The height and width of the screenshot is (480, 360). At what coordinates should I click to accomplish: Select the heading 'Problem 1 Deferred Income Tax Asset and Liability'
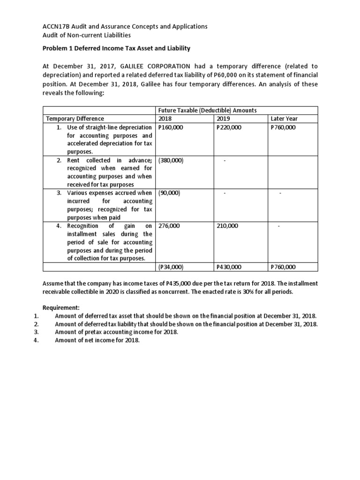tap(116, 48)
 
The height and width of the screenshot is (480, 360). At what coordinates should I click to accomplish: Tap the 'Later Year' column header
tap(284, 119)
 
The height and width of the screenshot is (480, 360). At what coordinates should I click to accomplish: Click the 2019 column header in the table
tap(224, 119)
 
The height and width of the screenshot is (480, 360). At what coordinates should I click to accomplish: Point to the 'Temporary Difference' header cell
tap(74, 119)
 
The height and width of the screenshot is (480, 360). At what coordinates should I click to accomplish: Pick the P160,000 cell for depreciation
tap(170, 127)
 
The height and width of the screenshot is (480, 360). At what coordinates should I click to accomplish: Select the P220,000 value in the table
tap(229, 127)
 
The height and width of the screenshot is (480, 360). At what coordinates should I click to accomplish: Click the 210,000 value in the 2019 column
tap(227, 226)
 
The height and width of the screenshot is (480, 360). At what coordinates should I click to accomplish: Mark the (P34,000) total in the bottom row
tap(170, 267)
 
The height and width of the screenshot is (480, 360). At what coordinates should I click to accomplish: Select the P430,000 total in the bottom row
tap(229, 267)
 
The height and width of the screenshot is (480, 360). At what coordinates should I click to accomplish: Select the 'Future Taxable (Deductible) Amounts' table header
tap(207, 110)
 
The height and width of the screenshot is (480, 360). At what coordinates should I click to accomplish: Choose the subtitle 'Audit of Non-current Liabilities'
tap(87, 35)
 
